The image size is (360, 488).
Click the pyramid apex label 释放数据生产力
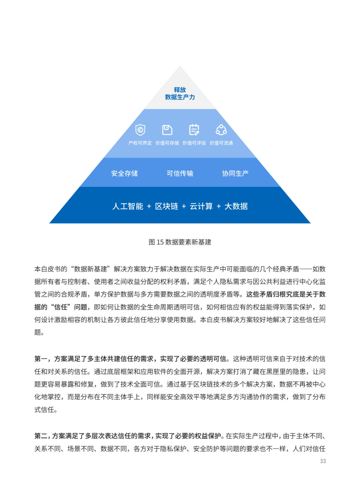tap(180, 94)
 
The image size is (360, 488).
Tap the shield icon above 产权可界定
tap(140, 130)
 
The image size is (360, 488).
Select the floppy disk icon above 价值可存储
tap(167, 130)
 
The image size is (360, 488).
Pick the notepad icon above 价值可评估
tap(194, 130)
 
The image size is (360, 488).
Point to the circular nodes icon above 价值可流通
tap(221, 130)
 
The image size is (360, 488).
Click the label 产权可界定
tap(140, 143)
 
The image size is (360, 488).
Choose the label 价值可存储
tap(167, 143)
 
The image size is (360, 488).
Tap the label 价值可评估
tap(194, 143)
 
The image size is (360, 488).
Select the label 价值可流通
tap(221, 143)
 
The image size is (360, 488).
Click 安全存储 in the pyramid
tap(124, 173)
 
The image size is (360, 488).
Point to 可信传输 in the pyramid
tap(180, 173)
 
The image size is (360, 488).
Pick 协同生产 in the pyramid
tap(235, 173)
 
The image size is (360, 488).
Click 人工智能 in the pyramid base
tap(128, 206)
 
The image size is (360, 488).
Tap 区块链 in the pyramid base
tap(167, 206)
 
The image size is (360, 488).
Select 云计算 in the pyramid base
tap(201, 206)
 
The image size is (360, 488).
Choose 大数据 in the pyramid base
tap(236, 206)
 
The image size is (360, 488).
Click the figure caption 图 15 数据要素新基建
tap(180, 242)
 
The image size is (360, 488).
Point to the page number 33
tap(323, 461)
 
